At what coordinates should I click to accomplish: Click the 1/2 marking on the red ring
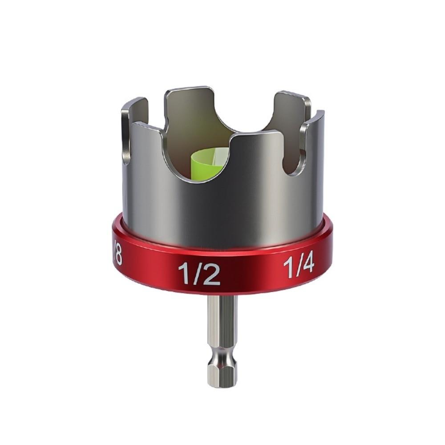coord(199,273)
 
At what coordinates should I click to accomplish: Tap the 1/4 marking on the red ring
coord(299,267)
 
